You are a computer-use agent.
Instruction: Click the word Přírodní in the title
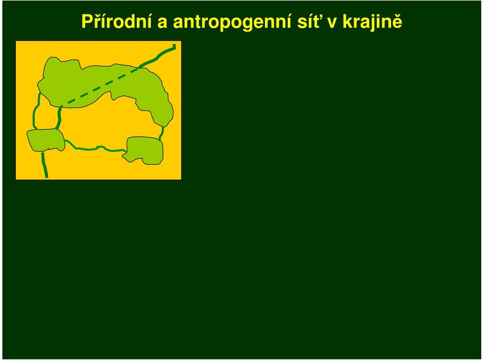(x=116, y=22)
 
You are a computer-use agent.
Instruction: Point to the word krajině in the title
(x=372, y=22)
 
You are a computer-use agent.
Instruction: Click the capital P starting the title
(x=87, y=22)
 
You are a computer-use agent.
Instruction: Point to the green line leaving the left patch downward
(x=44, y=165)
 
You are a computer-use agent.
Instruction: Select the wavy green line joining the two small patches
(x=95, y=148)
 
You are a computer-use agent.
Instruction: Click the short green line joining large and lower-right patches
(x=162, y=133)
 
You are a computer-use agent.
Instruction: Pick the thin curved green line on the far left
(x=35, y=111)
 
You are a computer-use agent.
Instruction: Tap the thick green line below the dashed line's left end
(x=59, y=118)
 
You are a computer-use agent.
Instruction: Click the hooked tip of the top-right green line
(x=175, y=46)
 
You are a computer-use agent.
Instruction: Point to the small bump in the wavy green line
(x=100, y=147)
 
